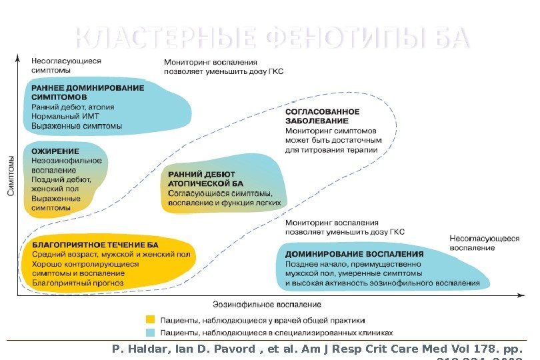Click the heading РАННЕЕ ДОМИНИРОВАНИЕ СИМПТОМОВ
(x=87, y=92)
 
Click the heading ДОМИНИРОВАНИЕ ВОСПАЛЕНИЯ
(x=354, y=254)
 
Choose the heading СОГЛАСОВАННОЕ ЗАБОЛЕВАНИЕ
(x=322, y=116)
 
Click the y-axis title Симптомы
(x=11, y=176)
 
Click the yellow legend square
(x=151, y=320)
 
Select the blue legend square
(x=151, y=332)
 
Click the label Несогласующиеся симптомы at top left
(x=66, y=65)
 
